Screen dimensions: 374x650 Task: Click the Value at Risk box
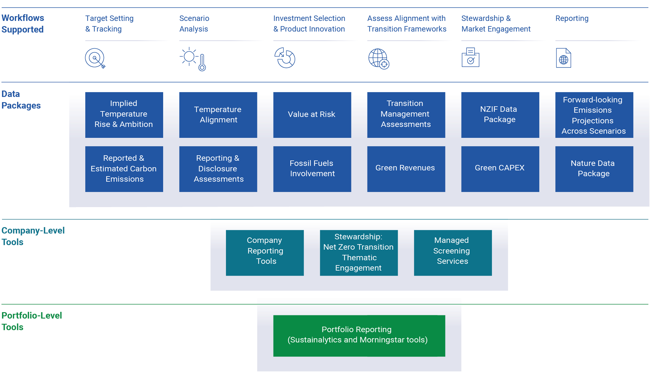pos(312,115)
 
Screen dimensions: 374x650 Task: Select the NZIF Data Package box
pos(500,115)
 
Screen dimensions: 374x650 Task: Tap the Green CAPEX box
pos(500,169)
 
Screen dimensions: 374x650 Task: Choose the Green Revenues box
pos(406,169)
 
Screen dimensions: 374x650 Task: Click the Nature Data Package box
pos(594,169)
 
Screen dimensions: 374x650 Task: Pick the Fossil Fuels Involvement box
pos(312,169)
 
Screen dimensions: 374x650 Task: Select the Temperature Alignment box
pos(218,115)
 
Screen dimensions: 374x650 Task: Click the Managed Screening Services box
pos(452,252)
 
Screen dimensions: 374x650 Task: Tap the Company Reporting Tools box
pos(264,252)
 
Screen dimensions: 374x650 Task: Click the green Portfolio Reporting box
pos(359,336)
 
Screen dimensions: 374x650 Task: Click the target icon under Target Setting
pos(95,58)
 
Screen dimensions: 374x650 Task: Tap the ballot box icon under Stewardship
pos(470,57)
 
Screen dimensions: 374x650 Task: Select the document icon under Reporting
pos(563,58)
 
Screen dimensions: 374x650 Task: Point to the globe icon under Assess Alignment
pos(379,59)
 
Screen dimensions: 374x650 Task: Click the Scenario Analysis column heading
pos(194,24)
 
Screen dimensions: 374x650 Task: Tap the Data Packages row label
pos(21,100)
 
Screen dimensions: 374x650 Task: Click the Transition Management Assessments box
pos(406,115)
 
